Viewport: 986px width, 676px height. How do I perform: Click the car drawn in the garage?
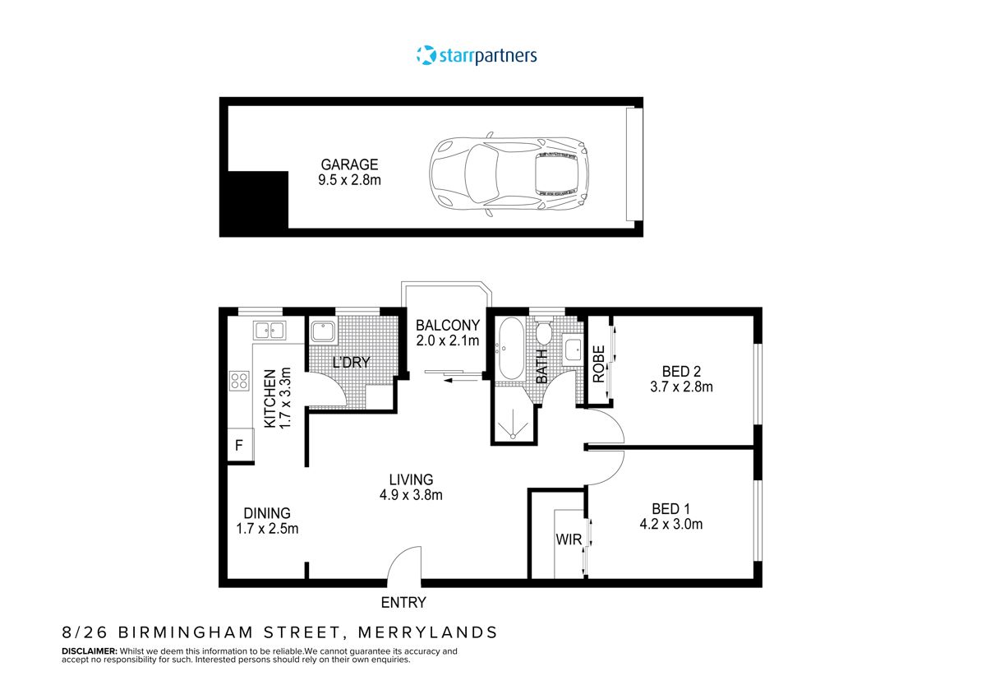pyautogui.click(x=509, y=174)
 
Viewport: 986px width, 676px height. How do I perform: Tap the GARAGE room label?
pyautogui.click(x=349, y=164)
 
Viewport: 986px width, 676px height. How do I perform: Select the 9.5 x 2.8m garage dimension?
pyautogui.click(x=349, y=179)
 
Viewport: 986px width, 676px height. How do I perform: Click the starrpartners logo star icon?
pyautogui.click(x=426, y=55)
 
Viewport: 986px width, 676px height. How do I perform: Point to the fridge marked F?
pyautogui.click(x=239, y=447)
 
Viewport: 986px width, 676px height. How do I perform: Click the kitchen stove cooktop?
pyautogui.click(x=239, y=380)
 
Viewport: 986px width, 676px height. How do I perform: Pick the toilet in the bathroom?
pyautogui.click(x=542, y=333)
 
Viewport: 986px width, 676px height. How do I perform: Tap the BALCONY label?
pyautogui.click(x=447, y=325)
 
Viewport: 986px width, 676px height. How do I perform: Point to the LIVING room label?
pyautogui.click(x=411, y=479)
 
